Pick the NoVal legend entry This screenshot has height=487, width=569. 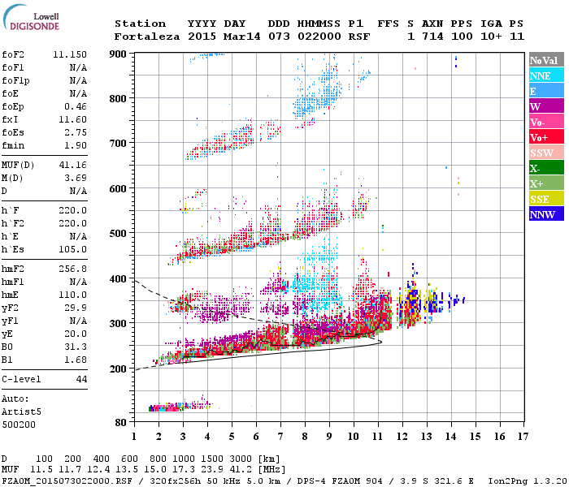pos(542,60)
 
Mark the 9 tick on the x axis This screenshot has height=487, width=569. pos(329,437)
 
